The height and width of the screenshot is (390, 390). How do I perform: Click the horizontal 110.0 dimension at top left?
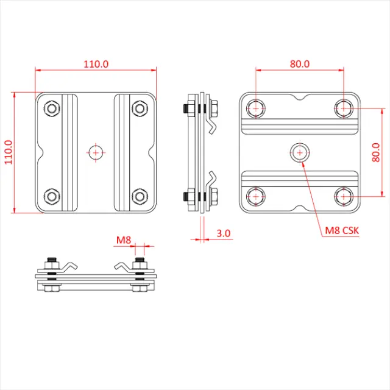pos(96,63)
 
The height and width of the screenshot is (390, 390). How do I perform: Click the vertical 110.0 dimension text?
pos(8,153)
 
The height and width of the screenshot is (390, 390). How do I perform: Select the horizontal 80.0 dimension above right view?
pos(299,63)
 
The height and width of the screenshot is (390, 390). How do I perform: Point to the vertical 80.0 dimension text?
pos(375,153)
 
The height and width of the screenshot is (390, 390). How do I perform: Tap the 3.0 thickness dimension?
pos(223,233)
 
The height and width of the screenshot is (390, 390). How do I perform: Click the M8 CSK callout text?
pos(342,230)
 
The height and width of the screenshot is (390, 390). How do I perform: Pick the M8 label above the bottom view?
pos(124,241)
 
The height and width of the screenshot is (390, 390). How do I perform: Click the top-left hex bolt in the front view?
pos(52,109)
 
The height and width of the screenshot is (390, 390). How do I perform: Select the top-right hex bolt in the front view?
pos(140,109)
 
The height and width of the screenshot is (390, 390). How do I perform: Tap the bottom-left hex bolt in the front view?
pos(52,196)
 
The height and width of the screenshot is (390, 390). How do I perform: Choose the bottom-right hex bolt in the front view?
pos(140,196)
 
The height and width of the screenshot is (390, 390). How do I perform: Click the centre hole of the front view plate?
pos(96,152)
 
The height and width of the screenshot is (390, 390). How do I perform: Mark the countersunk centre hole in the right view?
pos(299,152)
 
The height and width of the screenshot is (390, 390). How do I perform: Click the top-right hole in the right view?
pos(344,108)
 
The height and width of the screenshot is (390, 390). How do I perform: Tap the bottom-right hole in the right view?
pos(344,196)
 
